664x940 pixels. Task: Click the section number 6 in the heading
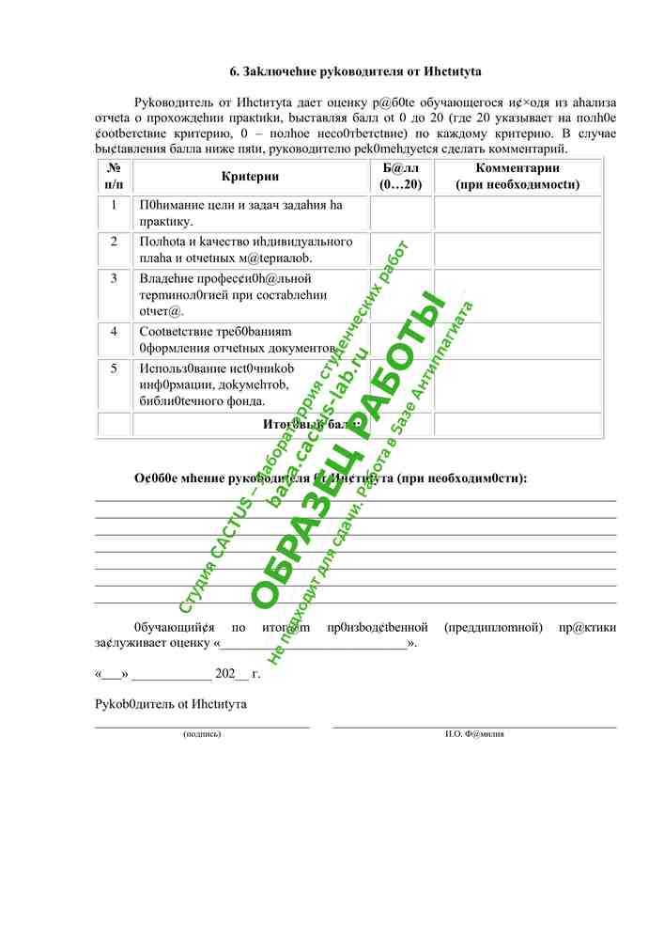point(234,71)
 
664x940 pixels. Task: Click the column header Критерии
point(250,176)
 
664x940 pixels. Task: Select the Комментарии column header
point(517,176)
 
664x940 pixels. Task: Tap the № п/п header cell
point(114,176)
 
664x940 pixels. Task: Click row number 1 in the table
point(114,204)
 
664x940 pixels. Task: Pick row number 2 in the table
point(114,242)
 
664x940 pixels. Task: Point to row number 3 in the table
point(114,278)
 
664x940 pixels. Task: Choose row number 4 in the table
point(114,332)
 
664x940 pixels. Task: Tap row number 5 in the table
point(114,368)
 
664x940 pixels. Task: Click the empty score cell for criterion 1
point(401,212)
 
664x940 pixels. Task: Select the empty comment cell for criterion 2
point(517,249)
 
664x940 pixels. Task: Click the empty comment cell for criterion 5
point(517,384)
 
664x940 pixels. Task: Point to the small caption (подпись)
point(202,734)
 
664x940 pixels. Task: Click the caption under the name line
point(474,734)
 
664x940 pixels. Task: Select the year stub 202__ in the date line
point(232,674)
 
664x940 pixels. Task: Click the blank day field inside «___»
point(112,675)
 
